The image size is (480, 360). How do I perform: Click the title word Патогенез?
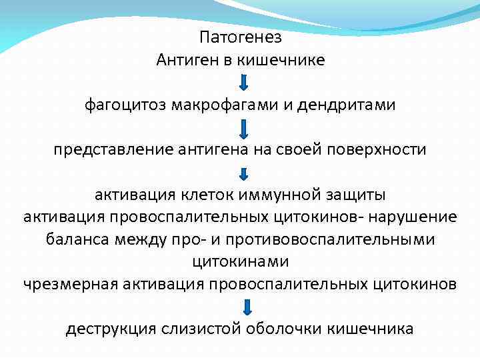click(240, 37)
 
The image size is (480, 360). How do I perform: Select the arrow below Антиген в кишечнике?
click(244, 83)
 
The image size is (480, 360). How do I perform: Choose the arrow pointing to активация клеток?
click(244, 173)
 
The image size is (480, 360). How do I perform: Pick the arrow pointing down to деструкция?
click(247, 307)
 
